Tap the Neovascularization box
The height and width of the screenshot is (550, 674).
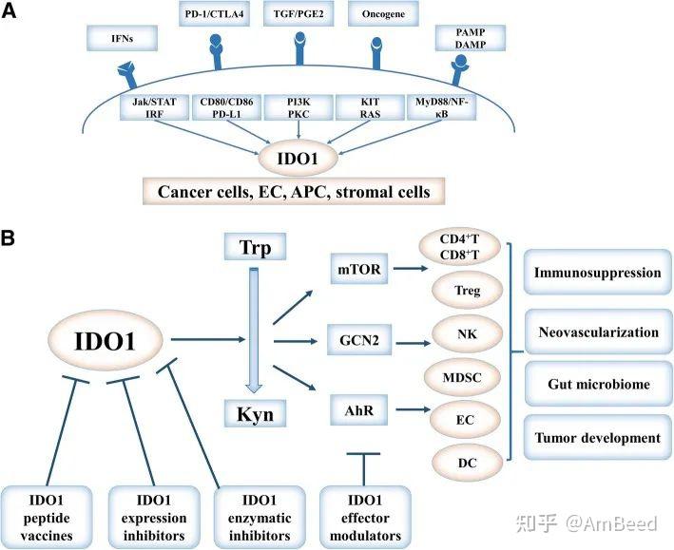[597, 332]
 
